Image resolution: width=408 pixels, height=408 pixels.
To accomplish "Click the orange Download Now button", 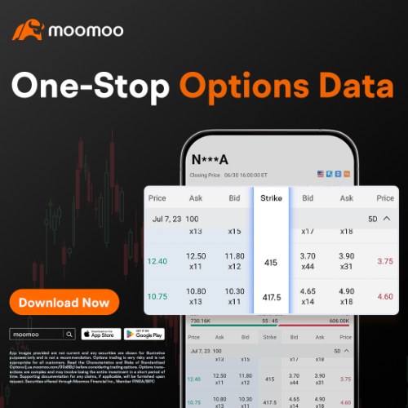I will [x=63, y=303].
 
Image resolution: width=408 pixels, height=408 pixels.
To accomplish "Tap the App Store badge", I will [x=100, y=334].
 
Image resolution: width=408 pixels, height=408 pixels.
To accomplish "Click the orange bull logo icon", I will [x=28, y=31].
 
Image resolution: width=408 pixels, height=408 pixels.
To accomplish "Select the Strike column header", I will [x=271, y=198].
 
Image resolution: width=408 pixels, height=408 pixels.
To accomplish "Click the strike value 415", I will [x=271, y=263].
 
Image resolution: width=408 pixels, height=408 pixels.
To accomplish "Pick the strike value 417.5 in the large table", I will [x=271, y=297].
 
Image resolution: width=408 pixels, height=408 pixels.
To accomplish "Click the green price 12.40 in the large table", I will [x=158, y=261].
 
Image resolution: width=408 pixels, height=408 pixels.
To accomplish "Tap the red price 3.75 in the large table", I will [x=385, y=261].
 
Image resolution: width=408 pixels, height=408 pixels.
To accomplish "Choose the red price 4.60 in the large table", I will [x=385, y=296].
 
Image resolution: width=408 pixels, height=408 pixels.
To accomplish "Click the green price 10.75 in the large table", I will [x=158, y=296].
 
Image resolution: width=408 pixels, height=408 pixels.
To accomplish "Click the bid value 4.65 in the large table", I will [x=308, y=290].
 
